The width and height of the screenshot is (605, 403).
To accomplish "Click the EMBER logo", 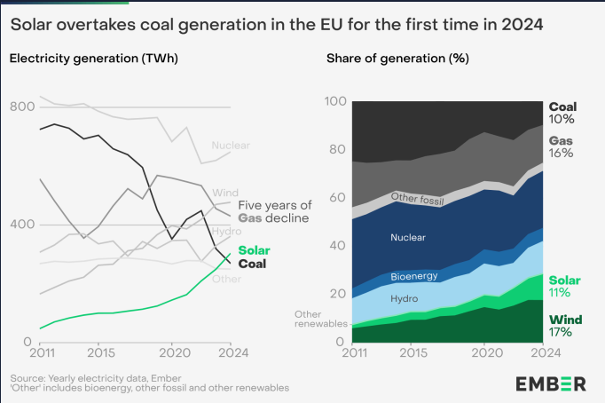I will [x=550, y=383].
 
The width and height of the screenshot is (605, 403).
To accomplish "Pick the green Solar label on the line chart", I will [x=254, y=251].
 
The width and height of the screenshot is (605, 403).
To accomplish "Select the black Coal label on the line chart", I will [x=253, y=264].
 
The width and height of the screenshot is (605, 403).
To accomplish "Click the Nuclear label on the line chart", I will [x=231, y=146].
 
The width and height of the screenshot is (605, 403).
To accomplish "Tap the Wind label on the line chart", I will [x=225, y=193].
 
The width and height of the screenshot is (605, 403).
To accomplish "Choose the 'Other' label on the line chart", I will [x=226, y=279].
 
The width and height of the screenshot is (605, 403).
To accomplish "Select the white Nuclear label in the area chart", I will [x=408, y=237].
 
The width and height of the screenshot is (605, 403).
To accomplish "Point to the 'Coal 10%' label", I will [x=562, y=113].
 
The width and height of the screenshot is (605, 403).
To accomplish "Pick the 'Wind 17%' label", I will [x=560, y=326].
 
